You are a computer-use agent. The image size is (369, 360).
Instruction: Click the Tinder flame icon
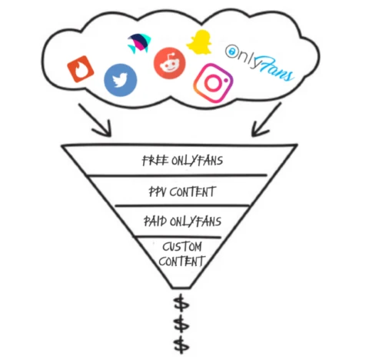click(81, 69)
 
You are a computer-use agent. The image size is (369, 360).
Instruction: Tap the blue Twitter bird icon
click(121, 80)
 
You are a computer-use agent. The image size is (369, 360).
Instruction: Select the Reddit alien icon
click(169, 63)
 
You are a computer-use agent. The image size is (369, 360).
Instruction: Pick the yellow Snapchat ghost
click(199, 42)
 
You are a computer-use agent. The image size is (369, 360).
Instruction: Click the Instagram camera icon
click(213, 83)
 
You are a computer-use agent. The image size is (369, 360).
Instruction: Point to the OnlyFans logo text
click(259, 63)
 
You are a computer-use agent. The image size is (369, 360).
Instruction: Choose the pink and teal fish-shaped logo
click(139, 43)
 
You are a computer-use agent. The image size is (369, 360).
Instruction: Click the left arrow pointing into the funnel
click(97, 121)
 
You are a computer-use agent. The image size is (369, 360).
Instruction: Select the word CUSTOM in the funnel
click(182, 247)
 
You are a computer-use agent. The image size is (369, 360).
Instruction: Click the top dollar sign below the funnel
click(181, 304)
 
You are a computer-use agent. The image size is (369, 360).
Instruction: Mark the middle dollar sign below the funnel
click(181, 324)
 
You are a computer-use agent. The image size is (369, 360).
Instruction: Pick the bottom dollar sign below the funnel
click(181, 345)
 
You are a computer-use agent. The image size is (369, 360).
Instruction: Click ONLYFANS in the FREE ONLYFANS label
click(197, 161)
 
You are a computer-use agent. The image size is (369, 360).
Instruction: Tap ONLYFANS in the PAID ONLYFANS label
click(195, 222)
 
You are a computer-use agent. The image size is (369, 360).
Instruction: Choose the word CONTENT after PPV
click(192, 192)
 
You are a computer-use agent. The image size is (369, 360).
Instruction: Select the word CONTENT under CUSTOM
click(182, 262)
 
